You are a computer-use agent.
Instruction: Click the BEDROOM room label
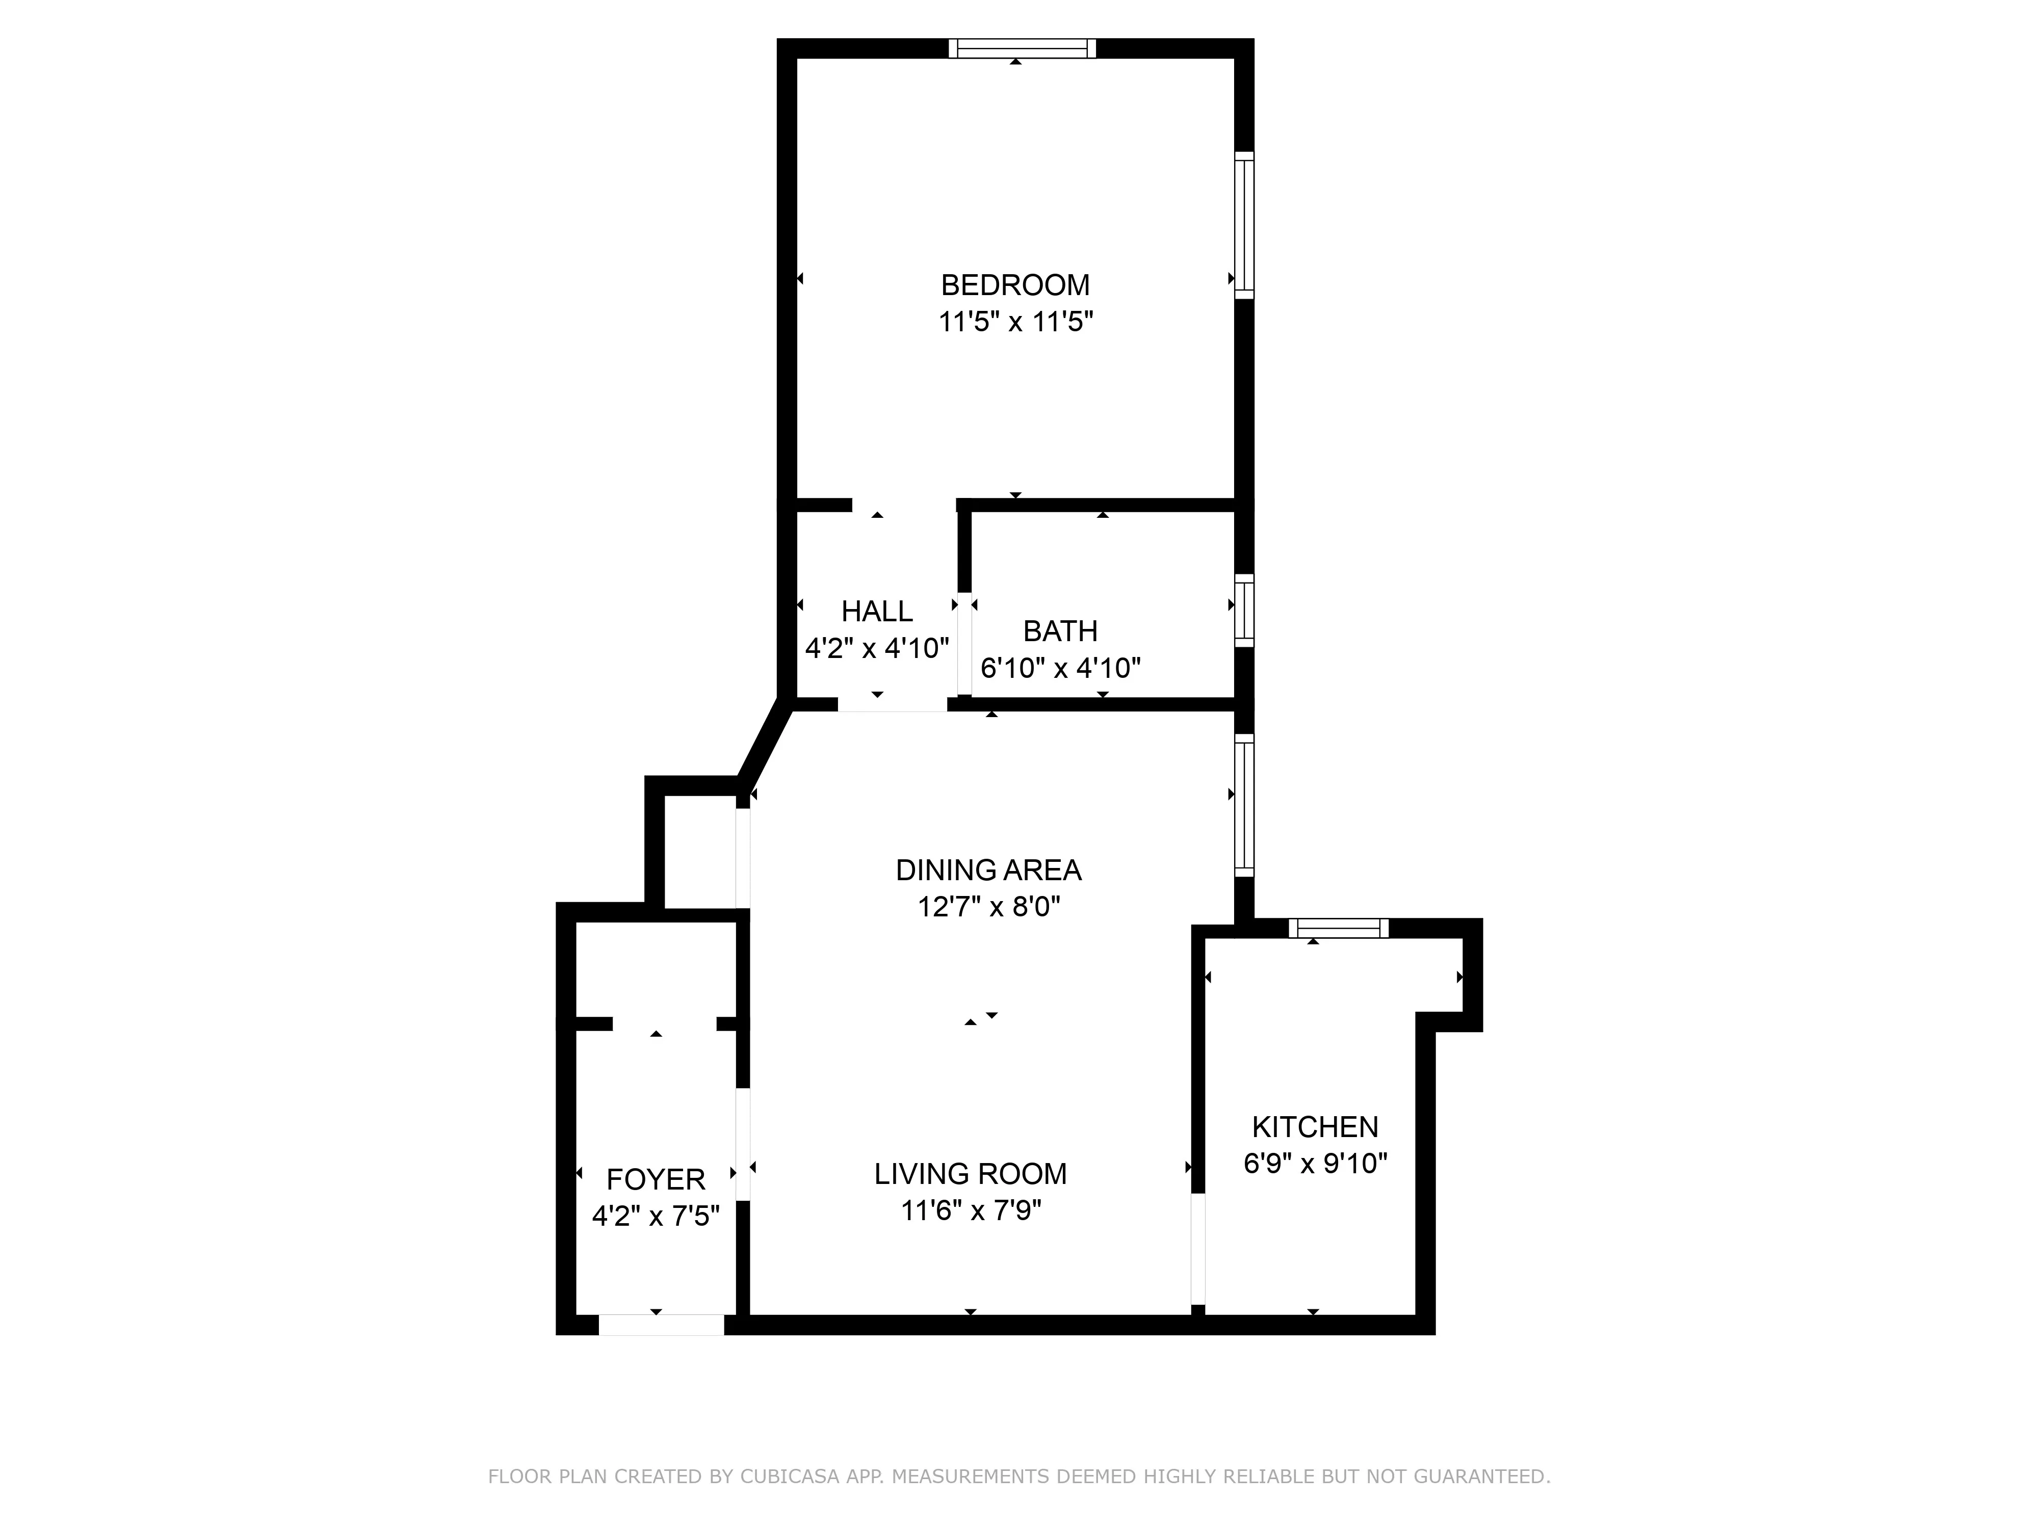point(1015,285)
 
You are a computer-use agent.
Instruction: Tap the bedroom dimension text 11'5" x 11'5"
point(1015,322)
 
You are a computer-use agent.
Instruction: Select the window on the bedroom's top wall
point(1022,49)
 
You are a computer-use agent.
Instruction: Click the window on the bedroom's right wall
point(1244,225)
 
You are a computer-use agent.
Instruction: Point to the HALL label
point(877,611)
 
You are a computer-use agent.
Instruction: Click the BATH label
point(1060,631)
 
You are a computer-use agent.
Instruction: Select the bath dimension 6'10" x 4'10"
point(1060,667)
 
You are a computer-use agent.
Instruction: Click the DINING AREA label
point(988,870)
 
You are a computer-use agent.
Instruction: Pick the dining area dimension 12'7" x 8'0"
point(988,907)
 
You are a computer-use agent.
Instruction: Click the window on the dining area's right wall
point(1244,805)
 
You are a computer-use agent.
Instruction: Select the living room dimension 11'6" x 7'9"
point(971,1210)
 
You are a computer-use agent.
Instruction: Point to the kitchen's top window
point(1339,928)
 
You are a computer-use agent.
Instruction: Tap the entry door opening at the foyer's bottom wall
point(661,1325)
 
